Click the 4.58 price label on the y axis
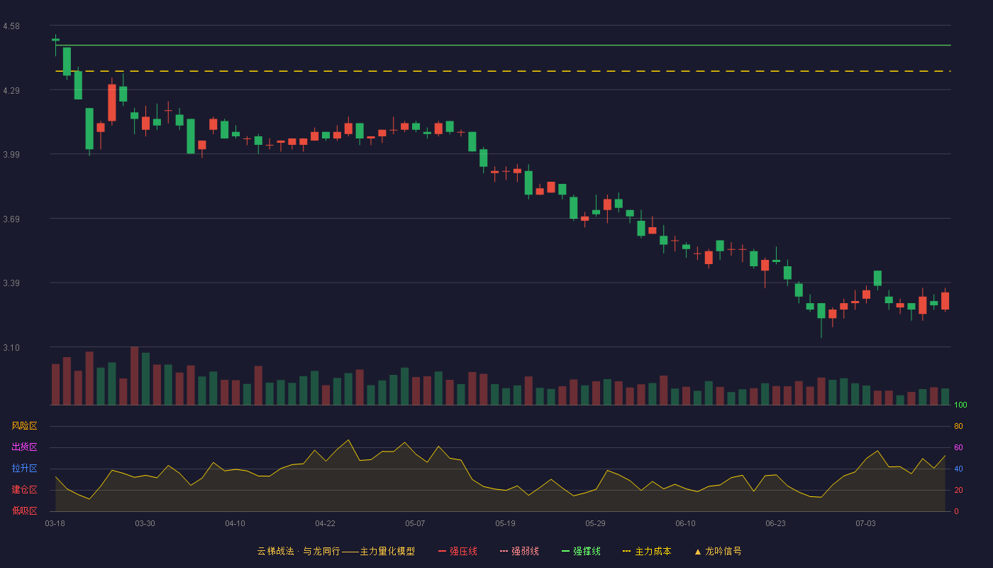pyautogui.click(x=11, y=26)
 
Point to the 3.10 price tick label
pyautogui.click(x=11, y=348)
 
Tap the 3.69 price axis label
pyautogui.click(x=11, y=219)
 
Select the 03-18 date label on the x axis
pyautogui.click(x=55, y=524)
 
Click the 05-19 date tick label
pyautogui.click(x=505, y=524)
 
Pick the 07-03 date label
pyautogui.click(x=866, y=524)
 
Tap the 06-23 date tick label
pyautogui.click(x=775, y=524)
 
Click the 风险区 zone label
pyautogui.click(x=24, y=426)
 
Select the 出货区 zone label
pyautogui.click(x=24, y=447)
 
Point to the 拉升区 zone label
pyautogui.click(x=24, y=468)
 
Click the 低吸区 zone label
pyautogui.click(x=24, y=510)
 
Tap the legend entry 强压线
pyautogui.click(x=458, y=551)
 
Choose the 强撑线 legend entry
pyautogui.click(x=581, y=551)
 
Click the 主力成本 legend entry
pyautogui.click(x=647, y=551)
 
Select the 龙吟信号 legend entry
pyautogui.click(x=718, y=551)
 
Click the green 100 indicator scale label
pyautogui.click(x=960, y=405)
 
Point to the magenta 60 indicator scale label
pyautogui.click(x=958, y=447)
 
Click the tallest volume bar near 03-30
pyautogui.click(x=134, y=376)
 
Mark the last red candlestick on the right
pyautogui.click(x=945, y=301)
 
